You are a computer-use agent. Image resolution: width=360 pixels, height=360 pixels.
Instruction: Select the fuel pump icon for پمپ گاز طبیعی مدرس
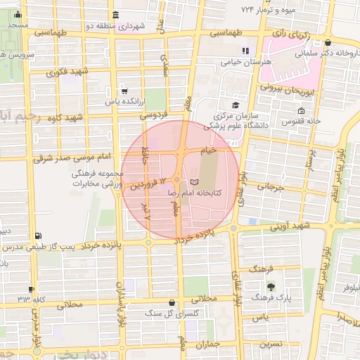point(37,236)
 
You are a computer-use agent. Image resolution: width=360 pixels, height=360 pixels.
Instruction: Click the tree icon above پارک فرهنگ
point(271,286)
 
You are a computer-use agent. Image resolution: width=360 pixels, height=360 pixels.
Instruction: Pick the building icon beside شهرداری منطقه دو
point(115,15)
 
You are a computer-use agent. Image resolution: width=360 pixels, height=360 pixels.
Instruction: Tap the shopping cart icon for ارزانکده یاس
point(124,90)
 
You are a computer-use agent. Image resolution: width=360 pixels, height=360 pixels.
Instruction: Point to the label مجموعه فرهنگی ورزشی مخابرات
point(98,179)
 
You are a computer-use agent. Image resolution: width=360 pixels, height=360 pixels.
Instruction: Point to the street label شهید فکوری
point(68,72)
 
